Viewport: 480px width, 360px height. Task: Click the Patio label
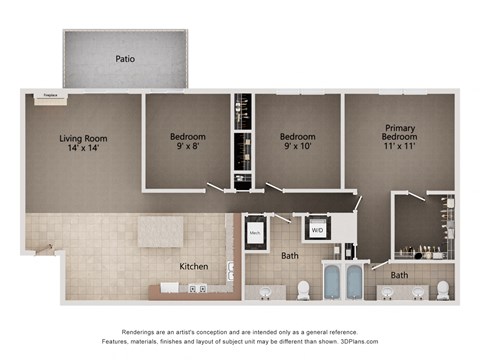(x=124, y=59)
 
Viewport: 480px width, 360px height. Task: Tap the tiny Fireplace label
(x=47, y=97)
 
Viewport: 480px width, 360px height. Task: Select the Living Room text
(x=83, y=138)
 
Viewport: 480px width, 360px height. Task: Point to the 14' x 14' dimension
(x=83, y=150)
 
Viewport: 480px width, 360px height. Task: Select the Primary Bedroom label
(x=399, y=134)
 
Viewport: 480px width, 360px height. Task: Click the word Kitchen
(x=193, y=267)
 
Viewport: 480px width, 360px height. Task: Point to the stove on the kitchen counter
(x=198, y=288)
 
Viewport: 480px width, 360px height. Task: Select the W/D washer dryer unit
(x=317, y=231)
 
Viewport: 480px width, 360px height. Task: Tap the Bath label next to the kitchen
(x=289, y=256)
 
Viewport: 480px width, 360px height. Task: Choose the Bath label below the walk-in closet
(x=399, y=275)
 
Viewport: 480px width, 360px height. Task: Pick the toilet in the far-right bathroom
(x=442, y=290)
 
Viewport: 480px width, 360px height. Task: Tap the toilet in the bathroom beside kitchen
(x=303, y=290)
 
